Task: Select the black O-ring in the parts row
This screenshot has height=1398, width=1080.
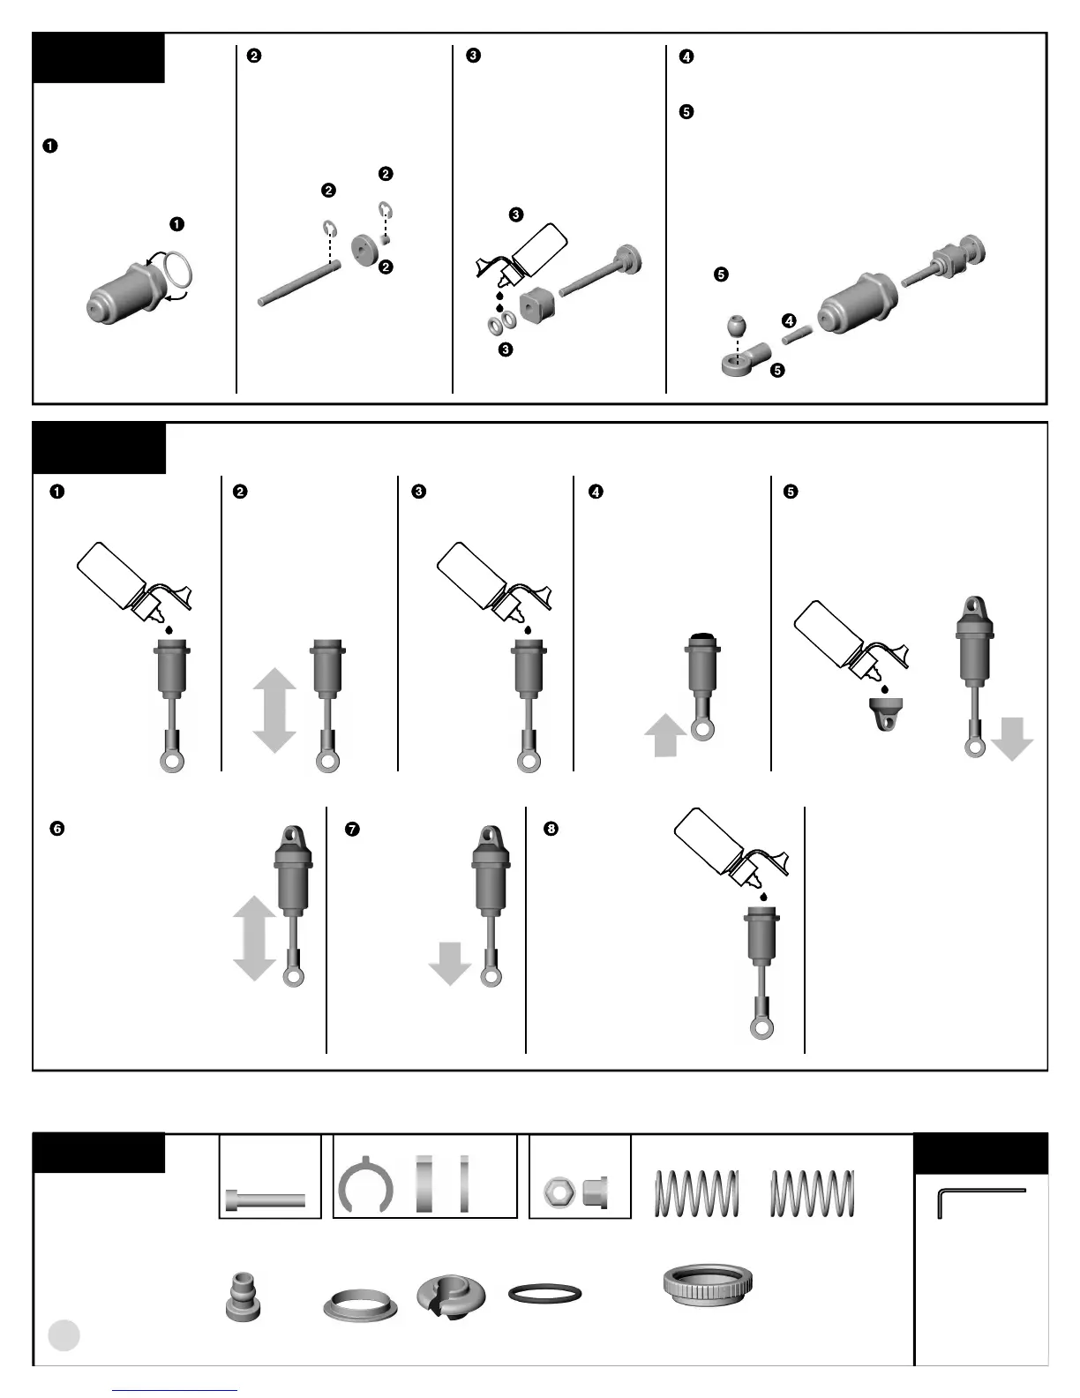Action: tap(544, 1294)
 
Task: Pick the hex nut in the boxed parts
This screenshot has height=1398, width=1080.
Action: tap(559, 1192)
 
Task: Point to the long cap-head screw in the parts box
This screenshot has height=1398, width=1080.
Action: tap(267, 1200)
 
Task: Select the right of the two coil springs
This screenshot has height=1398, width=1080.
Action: tap(812, 1192)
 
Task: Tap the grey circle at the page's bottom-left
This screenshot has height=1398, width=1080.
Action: tap(64, 1334)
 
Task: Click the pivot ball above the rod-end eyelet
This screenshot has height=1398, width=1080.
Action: tap(738, 325)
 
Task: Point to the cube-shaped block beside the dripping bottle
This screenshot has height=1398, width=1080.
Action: tap(536, 304)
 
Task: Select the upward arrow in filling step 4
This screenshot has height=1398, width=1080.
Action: tap(665, 735)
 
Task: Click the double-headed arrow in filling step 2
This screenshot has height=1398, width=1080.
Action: tap(274, 710)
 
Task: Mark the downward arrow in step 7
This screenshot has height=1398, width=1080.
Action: tap(450, 962)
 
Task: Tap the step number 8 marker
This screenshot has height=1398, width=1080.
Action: tap(551, 829)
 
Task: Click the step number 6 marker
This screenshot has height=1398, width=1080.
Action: tap(57, 829)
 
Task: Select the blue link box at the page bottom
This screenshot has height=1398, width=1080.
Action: tap(175, 1390)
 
